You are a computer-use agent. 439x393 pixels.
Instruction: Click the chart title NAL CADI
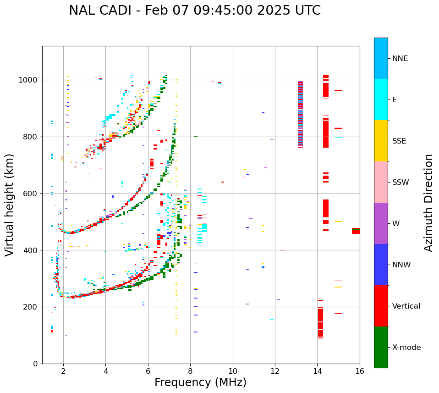195,11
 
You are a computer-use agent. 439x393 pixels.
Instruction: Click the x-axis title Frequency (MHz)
200,382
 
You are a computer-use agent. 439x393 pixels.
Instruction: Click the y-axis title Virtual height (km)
10,205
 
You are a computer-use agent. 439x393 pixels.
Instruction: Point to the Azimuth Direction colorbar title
428,203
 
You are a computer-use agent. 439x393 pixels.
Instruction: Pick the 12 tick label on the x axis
275,371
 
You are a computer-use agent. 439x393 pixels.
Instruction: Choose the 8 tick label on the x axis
190,371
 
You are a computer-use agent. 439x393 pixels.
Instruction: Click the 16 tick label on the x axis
360,371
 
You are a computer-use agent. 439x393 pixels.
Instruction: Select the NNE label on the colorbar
400,59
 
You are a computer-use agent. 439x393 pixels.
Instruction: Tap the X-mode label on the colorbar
406,348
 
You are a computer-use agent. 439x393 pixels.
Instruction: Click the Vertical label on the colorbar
406,306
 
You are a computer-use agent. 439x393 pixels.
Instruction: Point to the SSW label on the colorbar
401,183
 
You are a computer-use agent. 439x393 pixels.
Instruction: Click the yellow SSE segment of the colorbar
381,141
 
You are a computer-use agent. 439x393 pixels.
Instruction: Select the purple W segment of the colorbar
381,223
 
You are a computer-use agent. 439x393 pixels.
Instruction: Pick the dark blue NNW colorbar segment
381,265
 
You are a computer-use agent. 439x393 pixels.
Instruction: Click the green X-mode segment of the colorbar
381,347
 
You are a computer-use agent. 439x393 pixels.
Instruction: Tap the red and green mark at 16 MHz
356,231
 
